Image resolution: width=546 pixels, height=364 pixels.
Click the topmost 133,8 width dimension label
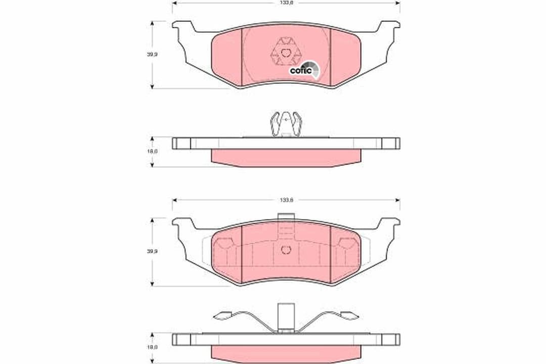coord(286,3)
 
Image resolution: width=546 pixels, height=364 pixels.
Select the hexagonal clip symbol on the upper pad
coord(286,52)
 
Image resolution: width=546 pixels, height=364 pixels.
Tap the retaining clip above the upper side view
coord(286,124)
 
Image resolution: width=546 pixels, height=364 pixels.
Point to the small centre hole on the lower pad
coord(286,249)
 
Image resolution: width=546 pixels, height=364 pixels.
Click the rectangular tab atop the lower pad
coord(286,218)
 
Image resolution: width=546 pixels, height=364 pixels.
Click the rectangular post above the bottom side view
coord(286,316)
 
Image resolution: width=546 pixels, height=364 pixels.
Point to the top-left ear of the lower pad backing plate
coord(182,223)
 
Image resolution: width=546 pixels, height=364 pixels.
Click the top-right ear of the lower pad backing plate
coord(390,223)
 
